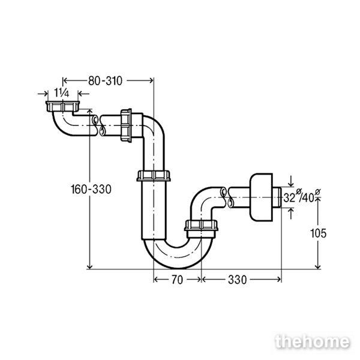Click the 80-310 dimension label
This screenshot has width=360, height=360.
pyautogui.click(x=105, y=81)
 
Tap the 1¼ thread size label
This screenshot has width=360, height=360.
pyautogui.click(x=62, y=93)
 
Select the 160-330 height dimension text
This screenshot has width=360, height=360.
pyautogui.click(x=91, y=190)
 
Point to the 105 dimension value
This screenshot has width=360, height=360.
pyautogui.click(x=318, y=233)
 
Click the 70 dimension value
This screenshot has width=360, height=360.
pyautogui.click(x=177, y=280)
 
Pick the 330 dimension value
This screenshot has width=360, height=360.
pyautogui.click(x=237, y=280)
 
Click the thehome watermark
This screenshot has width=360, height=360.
pyautogui.click(x=313, y=342)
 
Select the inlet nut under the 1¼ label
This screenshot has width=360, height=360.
pyautogui.click(x=62, y=107)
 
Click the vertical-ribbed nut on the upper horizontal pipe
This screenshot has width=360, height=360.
pyautogui.click(x=126, y=125)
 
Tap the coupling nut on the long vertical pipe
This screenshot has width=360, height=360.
pyautogui.click(x=154, y=176)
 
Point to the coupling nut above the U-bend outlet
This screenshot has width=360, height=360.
pyautogui.click(x=201, y=226)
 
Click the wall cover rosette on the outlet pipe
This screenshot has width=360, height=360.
pyautogui.click(x=261, y=197)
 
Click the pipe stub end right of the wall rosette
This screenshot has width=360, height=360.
pyautogui.click(x=277, y=197)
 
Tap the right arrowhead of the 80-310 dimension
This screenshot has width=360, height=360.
pyautogui.click(x=151, y=80)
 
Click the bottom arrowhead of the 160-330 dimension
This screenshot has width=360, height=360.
pyautogui.click(x=90, y=266)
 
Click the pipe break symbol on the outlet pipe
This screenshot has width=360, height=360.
pyautogui.click(x=226, y=197)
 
